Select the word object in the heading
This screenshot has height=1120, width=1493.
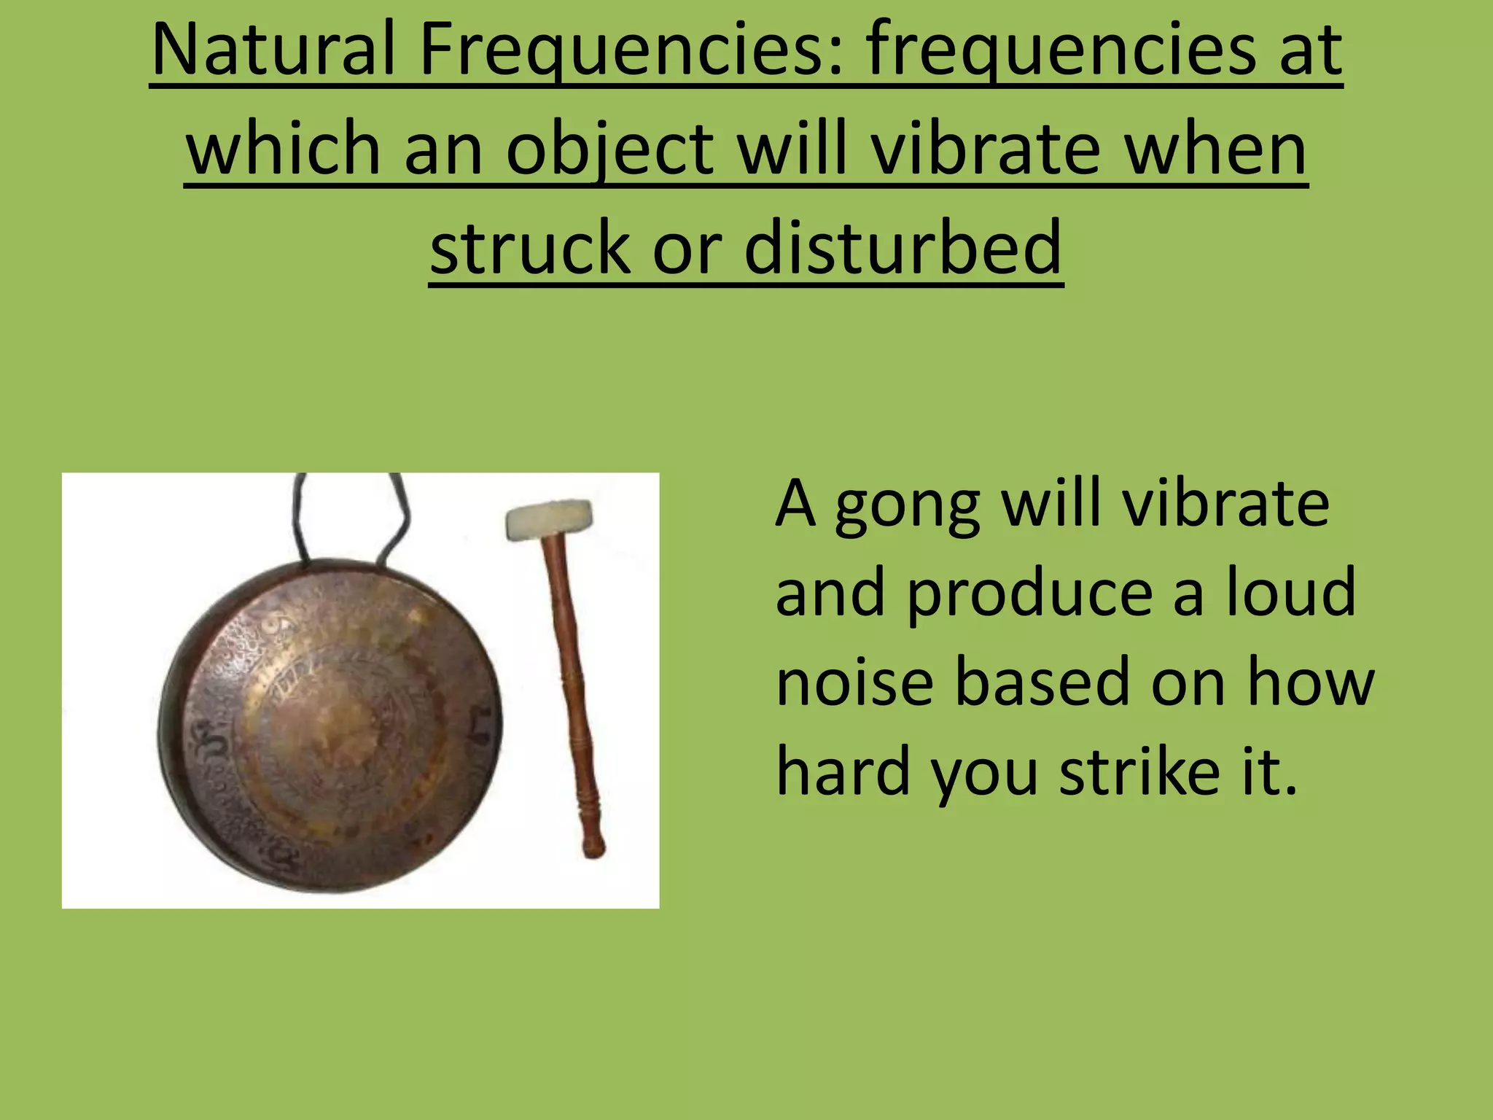[609, 149]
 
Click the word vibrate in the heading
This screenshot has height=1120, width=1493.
[985, 149]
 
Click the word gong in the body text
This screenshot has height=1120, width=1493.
[908, 506]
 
